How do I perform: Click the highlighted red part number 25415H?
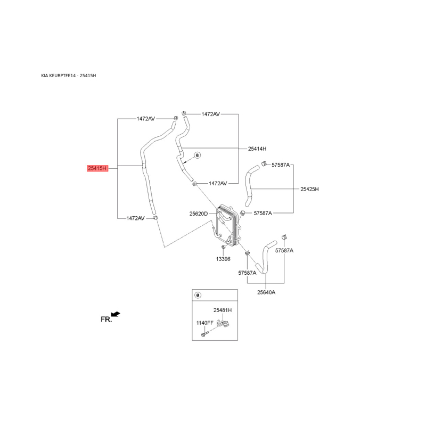coord(97,168)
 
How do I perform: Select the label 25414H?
coord(257,149)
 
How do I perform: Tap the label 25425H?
coord(309,189)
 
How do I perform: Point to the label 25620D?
coord(199,214)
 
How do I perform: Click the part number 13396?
coord(223,259)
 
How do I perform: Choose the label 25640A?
coord(266,292)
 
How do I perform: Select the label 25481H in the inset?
coord(223,310)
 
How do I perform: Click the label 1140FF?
coord(205,323)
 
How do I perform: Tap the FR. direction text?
coord(106,319)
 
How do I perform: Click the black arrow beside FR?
coord(116,314)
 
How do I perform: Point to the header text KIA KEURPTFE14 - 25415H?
coord(68,76)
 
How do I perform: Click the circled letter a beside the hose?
coord(197,155)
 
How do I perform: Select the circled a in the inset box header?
coord(198,295)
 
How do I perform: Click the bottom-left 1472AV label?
coord(135,218)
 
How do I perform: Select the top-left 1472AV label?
coord(145,119)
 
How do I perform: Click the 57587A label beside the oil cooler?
coord(263,213)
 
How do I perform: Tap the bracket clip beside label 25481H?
coord(224,325)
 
